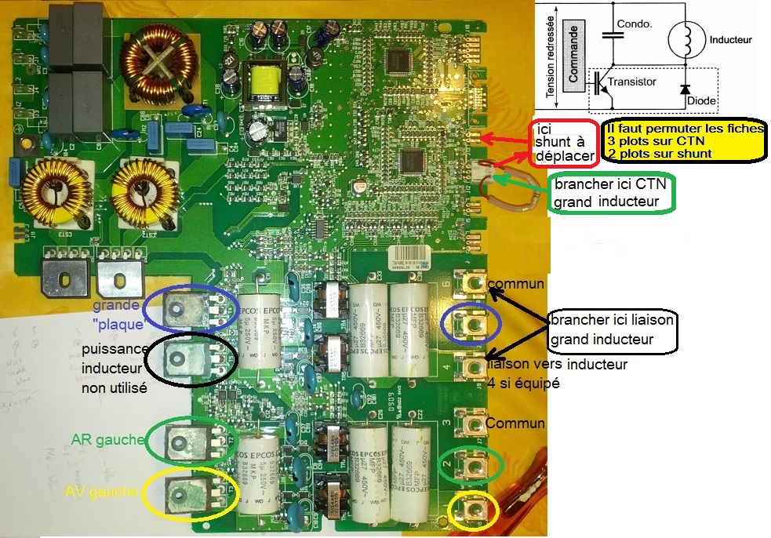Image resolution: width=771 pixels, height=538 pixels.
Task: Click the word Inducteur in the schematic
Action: click(729, 39)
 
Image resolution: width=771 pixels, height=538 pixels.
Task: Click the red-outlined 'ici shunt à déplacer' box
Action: click(564, 142)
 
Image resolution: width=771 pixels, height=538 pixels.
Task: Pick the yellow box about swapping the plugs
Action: click(684, 141)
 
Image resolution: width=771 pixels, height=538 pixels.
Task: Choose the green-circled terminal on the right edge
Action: click(471, 465)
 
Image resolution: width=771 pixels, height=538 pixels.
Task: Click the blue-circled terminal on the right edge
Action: click(471, 324)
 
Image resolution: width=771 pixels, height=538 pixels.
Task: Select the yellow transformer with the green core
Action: click(264, 82)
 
